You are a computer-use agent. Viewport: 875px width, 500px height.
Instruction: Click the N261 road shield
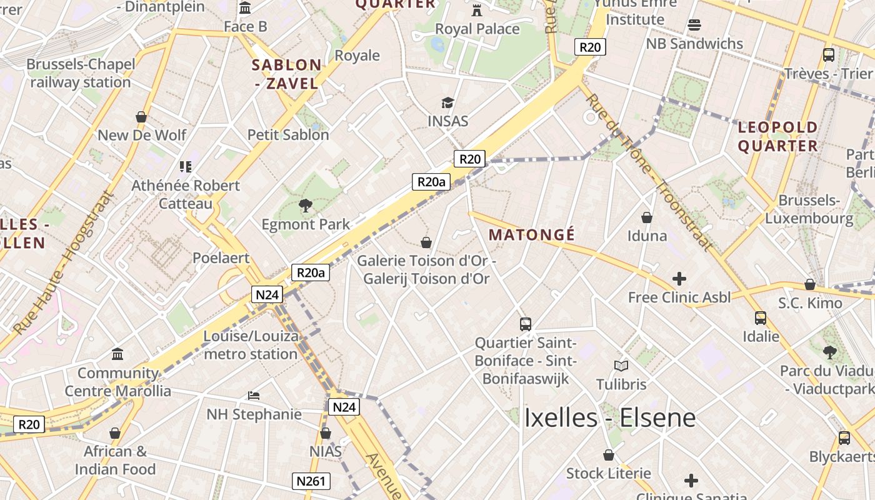click(x=311, y=481)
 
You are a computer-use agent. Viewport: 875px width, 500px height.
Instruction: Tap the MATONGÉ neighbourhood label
click(x=531, y=235)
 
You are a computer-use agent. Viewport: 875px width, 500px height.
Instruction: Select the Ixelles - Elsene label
click(x=609, y=417)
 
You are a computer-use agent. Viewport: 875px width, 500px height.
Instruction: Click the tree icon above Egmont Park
click(x=306, y=205)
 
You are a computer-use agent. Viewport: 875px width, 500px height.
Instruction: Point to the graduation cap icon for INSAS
click(x=447, y=102)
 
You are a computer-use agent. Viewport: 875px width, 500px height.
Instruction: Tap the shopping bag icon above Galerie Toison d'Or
click(x=426, y=242)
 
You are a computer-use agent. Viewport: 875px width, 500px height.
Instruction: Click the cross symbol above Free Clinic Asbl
click(x=679, y=279)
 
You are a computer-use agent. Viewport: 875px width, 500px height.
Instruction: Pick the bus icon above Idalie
click(x=761, y=317)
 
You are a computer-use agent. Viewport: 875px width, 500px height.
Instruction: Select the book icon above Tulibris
click(x=621, y=366)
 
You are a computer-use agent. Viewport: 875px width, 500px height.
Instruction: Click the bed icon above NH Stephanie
click(x=254, y=396)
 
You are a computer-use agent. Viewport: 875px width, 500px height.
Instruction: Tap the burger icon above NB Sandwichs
click(x=694, y=25)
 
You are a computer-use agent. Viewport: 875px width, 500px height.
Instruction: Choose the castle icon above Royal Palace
click(x=477, y=10)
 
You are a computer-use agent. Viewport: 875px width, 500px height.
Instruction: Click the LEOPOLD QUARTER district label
click(x=778, y=137)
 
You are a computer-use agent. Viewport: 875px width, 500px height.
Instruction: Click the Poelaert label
click(x=221, y=257)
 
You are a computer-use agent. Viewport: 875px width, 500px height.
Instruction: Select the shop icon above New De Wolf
click(x=142, y=117)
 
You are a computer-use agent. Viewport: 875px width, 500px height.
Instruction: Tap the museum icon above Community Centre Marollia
click(x=117, y=355)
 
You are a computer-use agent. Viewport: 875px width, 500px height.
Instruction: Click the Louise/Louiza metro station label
click(x=251, y=345)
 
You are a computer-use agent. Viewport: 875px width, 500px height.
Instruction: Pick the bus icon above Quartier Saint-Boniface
click(x=526, y=324)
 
